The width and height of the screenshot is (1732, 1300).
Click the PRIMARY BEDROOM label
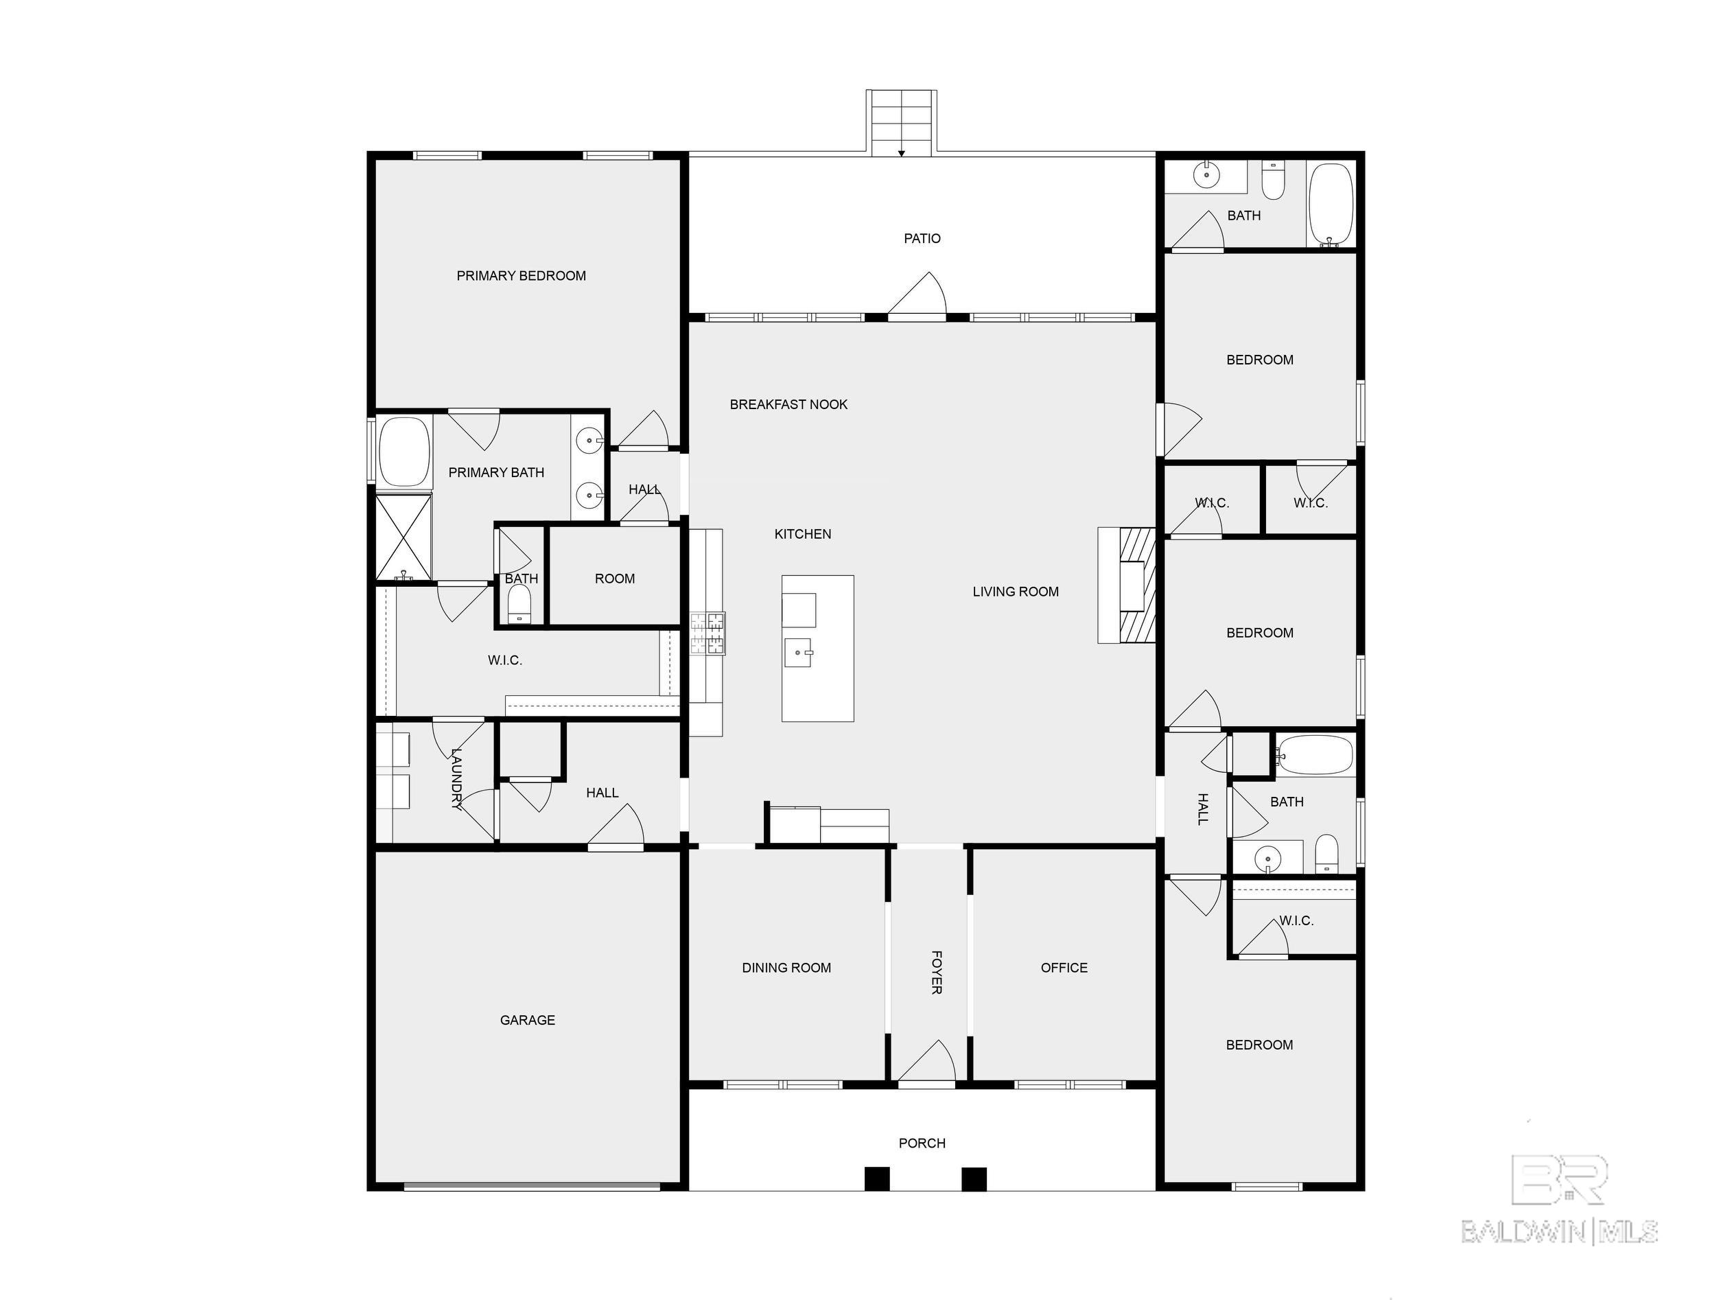(521, 276)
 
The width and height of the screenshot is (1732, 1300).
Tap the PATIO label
(922, 238)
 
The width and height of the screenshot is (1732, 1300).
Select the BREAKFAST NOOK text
(788, 404)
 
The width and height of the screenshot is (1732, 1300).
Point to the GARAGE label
(528, 1020)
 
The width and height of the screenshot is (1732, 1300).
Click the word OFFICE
(1064, 967)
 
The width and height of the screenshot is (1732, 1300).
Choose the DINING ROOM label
(786, 967)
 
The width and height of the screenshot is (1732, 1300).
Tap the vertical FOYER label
(936, 972)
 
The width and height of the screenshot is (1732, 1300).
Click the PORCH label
(922, 1143)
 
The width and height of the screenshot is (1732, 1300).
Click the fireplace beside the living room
(1127, 585)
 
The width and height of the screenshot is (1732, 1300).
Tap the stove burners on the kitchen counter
(708, 633)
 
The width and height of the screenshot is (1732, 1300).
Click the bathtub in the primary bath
(405, 452)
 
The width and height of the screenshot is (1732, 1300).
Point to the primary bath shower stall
(404, 537)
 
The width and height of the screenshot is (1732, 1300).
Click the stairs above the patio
(901, 123)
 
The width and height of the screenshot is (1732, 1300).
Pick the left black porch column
(877, 1179)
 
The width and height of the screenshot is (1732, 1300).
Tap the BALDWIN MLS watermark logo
(1560, 1199)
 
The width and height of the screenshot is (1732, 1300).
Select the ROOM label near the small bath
(615, 578)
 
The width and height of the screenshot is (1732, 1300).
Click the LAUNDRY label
(457, 778)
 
